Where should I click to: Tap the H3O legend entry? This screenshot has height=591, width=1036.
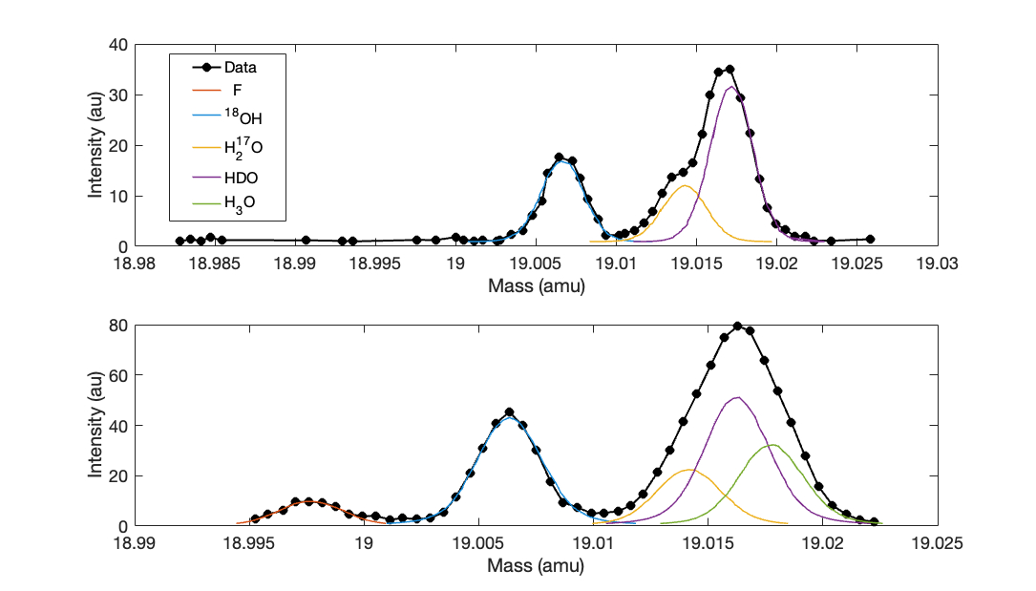click(227, 202)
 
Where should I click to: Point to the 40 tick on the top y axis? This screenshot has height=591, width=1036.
click(118, 45)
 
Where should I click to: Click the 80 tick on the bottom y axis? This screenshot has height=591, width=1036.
click(118, 325)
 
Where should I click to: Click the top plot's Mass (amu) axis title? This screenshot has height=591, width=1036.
click(536, 285)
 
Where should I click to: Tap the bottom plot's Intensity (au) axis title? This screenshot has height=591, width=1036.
click(95, 425)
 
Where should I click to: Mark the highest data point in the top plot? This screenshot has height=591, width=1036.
click(729, 69)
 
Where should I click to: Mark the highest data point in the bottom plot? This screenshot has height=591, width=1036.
click(737, 326)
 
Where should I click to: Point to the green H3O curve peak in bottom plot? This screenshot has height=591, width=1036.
click(772, 445)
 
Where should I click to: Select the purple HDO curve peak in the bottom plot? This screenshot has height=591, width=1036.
click(736, 397)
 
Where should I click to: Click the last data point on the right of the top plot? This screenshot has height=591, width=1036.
click(870, 239)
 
